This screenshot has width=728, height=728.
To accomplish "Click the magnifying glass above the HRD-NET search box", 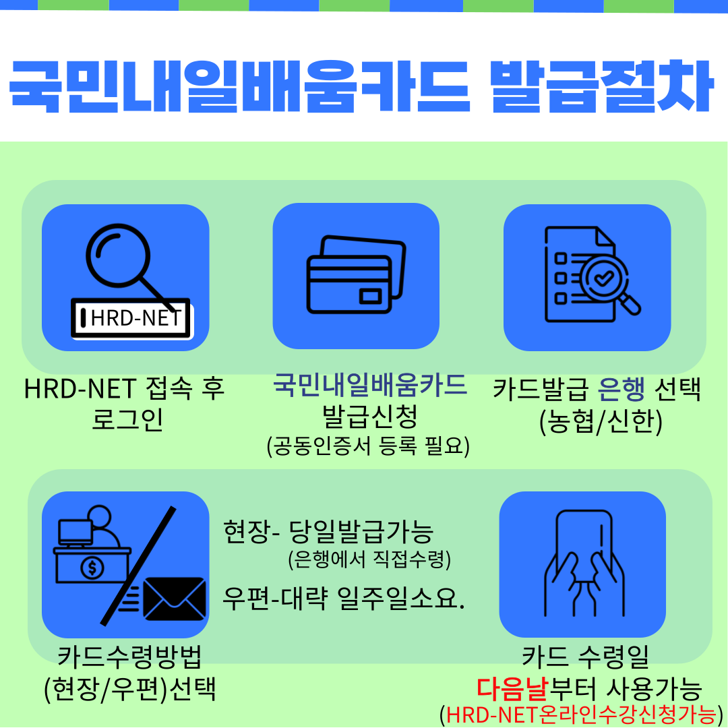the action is pos(118,255).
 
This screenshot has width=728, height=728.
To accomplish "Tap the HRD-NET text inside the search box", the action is pos(135,318).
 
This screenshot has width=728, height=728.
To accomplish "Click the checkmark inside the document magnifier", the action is pos(604,278).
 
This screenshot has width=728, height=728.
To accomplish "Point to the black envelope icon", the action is pos(174,599).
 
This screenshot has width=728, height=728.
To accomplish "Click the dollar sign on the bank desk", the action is pos(92,568).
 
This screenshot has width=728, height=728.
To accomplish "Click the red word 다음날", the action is pos(512,690).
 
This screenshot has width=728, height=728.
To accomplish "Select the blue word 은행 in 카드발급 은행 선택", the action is pos(621,390).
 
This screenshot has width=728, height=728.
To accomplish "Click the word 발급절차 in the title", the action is pos(601,86).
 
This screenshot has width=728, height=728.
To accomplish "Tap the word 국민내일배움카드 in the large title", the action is pos(239,86).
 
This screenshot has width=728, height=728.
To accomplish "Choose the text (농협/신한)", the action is pos(601,421).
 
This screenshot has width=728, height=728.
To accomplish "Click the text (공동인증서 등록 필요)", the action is pos(368,446).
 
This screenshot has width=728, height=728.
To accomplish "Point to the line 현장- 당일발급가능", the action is pos(328,532).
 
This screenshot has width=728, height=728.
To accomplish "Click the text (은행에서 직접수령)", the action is pos(369,559).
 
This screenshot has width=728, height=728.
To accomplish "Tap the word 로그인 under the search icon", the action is pos(127,419).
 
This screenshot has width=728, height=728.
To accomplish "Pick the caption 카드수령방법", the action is pos(129,657).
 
